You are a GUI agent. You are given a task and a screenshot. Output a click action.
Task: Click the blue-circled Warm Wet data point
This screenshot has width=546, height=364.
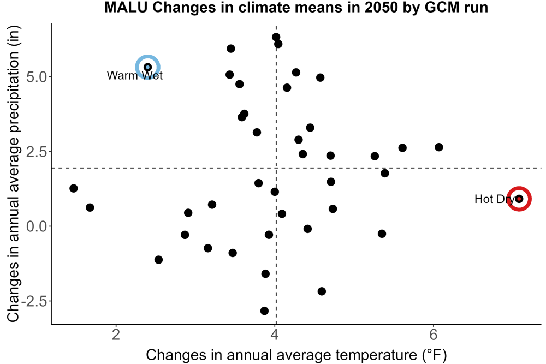[147, 67]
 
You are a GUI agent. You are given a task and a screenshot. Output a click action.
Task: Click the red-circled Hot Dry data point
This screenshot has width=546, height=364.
[519, 199]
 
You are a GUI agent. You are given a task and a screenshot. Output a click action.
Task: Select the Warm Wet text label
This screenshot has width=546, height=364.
[135, 75]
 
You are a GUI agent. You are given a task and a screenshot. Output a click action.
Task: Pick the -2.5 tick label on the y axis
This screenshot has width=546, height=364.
[34, 301]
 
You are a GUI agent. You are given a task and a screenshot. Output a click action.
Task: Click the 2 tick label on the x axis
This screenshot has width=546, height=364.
[116, 335]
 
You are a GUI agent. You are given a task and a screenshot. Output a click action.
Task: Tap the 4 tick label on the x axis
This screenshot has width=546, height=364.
[275, 335]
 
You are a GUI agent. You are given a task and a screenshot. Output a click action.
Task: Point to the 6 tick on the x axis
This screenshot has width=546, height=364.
[434, 335]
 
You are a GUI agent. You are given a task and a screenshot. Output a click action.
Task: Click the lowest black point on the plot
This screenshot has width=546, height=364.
[264, 311]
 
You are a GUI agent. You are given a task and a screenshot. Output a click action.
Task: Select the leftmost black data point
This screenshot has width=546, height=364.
[74, 188]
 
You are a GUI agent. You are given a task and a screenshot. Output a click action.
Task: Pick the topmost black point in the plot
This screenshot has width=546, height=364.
[276, 37]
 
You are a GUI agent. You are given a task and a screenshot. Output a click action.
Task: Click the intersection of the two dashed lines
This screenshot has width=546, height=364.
[276, 168]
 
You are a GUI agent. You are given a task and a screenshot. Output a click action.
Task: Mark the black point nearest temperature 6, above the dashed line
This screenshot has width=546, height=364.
[439, 147]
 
